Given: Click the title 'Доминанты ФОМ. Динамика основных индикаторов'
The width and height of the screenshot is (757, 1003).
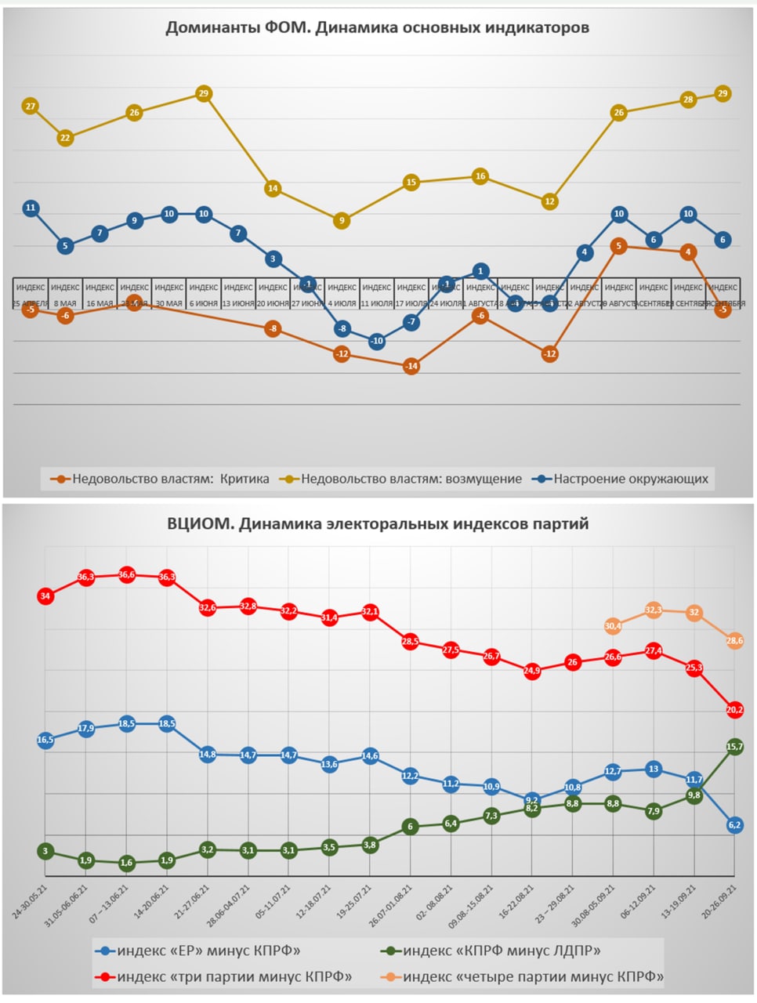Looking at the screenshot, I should [377, 28].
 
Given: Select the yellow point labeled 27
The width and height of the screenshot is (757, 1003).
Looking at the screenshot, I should [31, 107].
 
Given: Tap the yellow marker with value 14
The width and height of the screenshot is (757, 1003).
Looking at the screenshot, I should [273, 189].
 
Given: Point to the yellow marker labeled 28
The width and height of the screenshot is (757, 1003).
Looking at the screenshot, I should [688, 100].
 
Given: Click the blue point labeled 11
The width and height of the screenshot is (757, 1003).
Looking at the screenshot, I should [31, 208].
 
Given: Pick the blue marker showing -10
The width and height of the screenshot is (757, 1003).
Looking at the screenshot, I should [377, 342].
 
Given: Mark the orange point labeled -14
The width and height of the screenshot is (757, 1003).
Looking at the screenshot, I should [411, 367].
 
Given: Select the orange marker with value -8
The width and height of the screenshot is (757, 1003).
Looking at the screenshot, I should [273, 329].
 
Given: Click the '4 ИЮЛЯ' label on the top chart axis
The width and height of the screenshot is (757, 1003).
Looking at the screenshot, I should [342, 303].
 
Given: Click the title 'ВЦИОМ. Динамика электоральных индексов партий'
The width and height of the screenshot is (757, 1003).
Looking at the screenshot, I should [378, 524].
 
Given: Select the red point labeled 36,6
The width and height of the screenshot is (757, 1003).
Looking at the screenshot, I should [127, 574].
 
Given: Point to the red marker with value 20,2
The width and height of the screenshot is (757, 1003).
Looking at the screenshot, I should [734, 710].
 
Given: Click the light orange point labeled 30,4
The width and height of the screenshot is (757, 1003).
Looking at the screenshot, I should [613, 626].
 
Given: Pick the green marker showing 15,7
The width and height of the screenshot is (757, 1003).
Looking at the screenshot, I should [734, 747].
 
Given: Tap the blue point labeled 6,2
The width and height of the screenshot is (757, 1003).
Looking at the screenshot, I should [734, 825].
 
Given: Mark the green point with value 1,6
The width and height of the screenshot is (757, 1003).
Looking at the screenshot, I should [127, 863].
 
